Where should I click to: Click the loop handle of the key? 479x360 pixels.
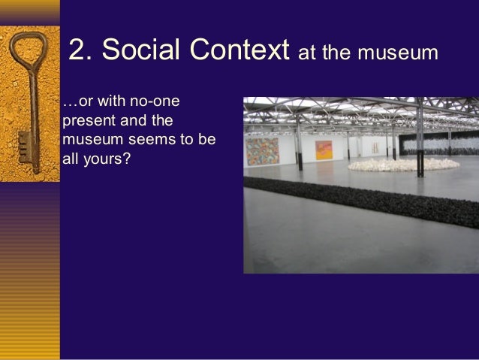click(29, 49)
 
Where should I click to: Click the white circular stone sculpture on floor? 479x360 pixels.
click(405, 163)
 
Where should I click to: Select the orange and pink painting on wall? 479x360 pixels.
click(325, 150)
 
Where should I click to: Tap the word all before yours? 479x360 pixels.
click(73, 158)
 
